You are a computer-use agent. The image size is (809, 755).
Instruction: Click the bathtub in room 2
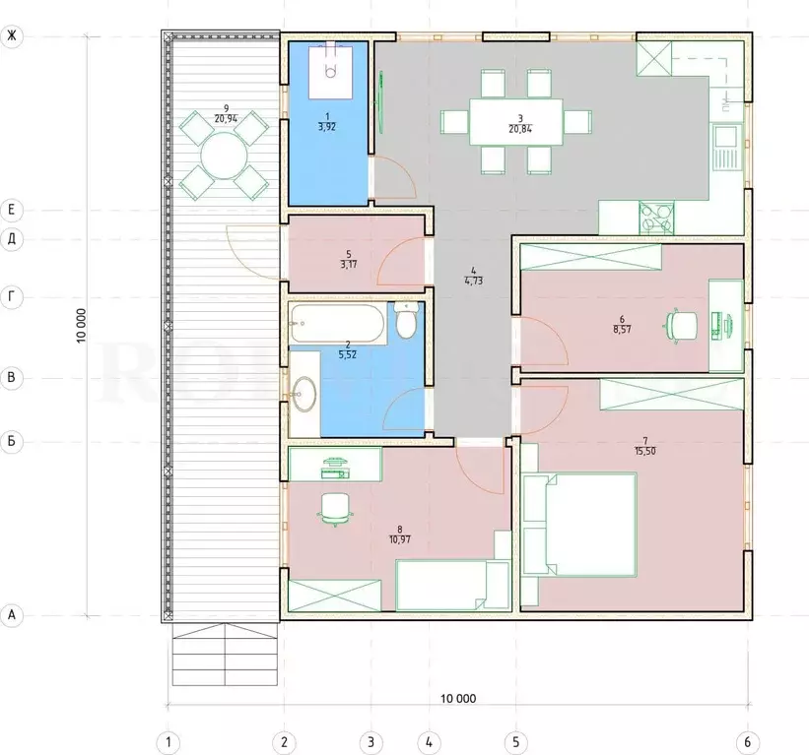point(337,323)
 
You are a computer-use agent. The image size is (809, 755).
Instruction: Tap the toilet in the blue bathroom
point(407,321)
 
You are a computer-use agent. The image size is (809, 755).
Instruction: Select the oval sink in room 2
point(303,394)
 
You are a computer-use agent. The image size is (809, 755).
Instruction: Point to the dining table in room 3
point(515,122)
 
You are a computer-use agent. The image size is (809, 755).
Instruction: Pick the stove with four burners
point(656,218)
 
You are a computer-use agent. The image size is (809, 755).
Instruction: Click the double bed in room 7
point(579,525)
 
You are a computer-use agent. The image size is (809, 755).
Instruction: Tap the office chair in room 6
point(681,326)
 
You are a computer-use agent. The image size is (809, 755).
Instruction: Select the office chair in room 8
point(336,509)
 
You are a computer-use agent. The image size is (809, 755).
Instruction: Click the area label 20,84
point(520,129)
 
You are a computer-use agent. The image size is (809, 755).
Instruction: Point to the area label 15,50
point(645,451)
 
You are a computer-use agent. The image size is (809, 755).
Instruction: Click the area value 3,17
point(349,265)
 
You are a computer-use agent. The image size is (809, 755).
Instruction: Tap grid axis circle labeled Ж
point(12,36)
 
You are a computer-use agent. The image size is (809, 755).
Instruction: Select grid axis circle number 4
point(429,742)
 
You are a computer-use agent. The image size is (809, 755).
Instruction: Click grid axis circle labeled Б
point(12,442)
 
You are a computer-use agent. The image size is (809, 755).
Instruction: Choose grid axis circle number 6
point(747,742)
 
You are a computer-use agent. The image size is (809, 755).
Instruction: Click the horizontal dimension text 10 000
point(458,699)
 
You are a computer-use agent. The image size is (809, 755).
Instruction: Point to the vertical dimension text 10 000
point(81,326)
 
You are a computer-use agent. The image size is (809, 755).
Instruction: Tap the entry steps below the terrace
point(226,654)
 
